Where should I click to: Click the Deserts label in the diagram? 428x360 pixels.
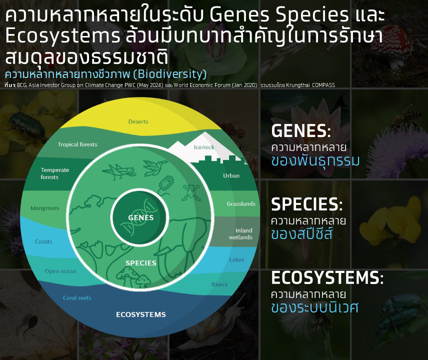(138, 121)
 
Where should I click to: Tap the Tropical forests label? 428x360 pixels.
(77, 144)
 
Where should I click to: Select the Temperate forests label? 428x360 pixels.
(55, 173)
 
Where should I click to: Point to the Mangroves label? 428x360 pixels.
(45, 208)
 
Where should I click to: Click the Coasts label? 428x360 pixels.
(43, 241)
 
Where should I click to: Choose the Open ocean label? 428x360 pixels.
(60, 271)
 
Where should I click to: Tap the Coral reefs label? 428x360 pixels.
(77, 298)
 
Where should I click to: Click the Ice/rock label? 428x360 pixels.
(204, 147)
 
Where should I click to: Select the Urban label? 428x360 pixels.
(231, 176)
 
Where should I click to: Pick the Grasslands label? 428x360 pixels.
(241, 203)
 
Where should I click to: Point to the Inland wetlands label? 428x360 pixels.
(241, 234)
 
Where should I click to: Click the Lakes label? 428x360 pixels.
(236, 259)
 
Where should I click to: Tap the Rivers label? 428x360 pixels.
(219, 284)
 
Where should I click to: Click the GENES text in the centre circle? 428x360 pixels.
(141, 217)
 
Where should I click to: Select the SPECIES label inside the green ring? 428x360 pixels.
(141, 263)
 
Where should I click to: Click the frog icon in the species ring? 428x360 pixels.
(191, 192)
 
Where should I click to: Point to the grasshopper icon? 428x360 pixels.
(119, 171)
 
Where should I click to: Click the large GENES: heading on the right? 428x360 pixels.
(301, 130)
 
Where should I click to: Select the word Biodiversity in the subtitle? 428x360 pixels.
(171, 74)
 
